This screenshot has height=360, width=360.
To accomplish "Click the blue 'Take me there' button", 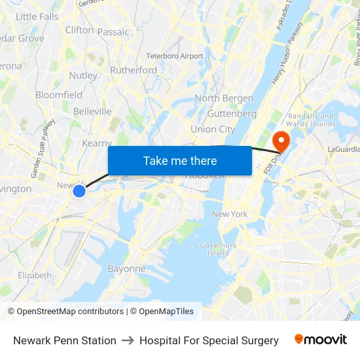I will pyautogui.click(x=180, y=160).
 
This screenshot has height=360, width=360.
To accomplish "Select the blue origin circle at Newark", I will pyautogui.click(x=79, y=191).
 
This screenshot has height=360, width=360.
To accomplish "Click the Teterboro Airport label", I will pyautogui.click(x=175, y=56).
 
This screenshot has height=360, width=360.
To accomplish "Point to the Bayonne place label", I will pyautogui.click(x=126, y=268).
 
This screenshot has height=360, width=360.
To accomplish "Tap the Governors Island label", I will pyautogui.click(x=218, y=249).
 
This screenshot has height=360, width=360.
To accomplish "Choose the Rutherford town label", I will pyautogui.click(x=134, y=70).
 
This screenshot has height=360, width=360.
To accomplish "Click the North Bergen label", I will pyautogui.click(x=224, y=98).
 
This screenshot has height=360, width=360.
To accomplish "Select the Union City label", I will pyautogui.click(x=213, y=130).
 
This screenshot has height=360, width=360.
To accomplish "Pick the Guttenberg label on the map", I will pyautogui.click(x=232, y=113).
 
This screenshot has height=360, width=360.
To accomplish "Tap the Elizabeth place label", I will pyautogui.click(x=35, y=276).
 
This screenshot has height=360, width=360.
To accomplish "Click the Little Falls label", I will pyautogui.click(x=37, y=16).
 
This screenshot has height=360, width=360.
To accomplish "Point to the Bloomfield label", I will pyautogui.click(x=59, y=95).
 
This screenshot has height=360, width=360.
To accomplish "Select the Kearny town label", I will pyautogui.click(x=97, y=143).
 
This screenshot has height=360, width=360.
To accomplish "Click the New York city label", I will pyautogui.click(x=230, y=214).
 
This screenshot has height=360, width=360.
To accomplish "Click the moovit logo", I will pyautogui.click(x=321, y=340).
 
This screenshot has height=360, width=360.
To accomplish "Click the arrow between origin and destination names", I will pyautogui.click(x=128, y=340).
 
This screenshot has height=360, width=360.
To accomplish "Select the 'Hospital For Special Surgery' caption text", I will pyautogui.click(x=209, y=340).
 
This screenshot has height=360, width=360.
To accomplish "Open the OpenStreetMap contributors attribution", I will pyautogui.click(x=65, y=312).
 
